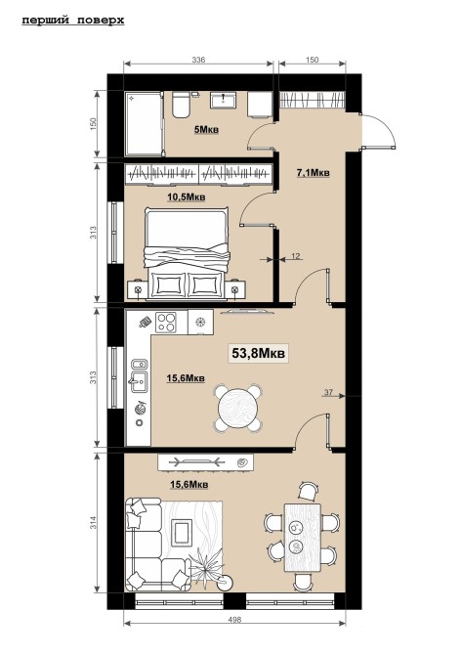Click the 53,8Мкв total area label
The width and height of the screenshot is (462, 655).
(x=258, y=353)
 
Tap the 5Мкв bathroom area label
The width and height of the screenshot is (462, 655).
(x=206, y=130)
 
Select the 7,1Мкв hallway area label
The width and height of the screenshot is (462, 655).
(x=313, y=172)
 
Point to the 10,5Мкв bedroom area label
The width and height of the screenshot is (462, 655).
(x=187, y=197)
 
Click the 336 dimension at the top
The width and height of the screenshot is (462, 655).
(x=198, y=60)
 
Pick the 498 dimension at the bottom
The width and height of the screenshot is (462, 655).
(x=235, y=620)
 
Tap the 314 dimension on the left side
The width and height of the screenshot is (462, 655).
(x=94, y=523)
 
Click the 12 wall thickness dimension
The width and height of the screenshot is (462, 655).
(x=296, y=256)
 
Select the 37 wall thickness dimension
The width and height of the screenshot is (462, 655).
(x=328, y=392)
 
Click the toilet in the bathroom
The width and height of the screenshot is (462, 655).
(x=181, y=105)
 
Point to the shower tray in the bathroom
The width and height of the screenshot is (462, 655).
(x=144, y=124)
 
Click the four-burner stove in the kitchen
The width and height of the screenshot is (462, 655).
(x=166, y=322)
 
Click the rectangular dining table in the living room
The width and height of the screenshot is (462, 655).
(x=303, y=538)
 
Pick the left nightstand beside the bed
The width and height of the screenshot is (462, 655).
(x=138, y=289)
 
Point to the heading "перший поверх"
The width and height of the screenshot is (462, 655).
(x=73, y=21)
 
